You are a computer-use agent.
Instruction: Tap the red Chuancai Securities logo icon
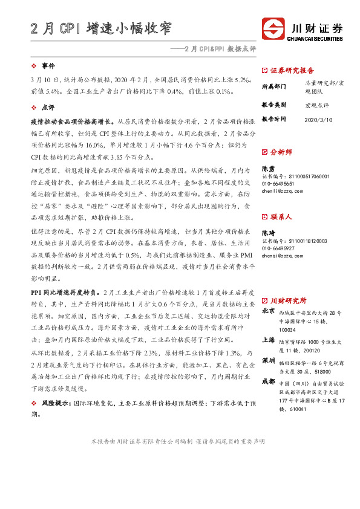pyautogui.click(x=273, y=28)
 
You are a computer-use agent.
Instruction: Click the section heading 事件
pyautogui.click(x=48, y=65)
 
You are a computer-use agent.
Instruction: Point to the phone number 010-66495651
pyautogui.click(x=278, y=183)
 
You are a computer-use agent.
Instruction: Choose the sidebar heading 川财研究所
pyautogui.click(x=288, y=300)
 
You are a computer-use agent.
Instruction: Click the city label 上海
pyautogui.click(x=268, y=340)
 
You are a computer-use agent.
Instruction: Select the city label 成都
pyautogui.click(x=268, y=382)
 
